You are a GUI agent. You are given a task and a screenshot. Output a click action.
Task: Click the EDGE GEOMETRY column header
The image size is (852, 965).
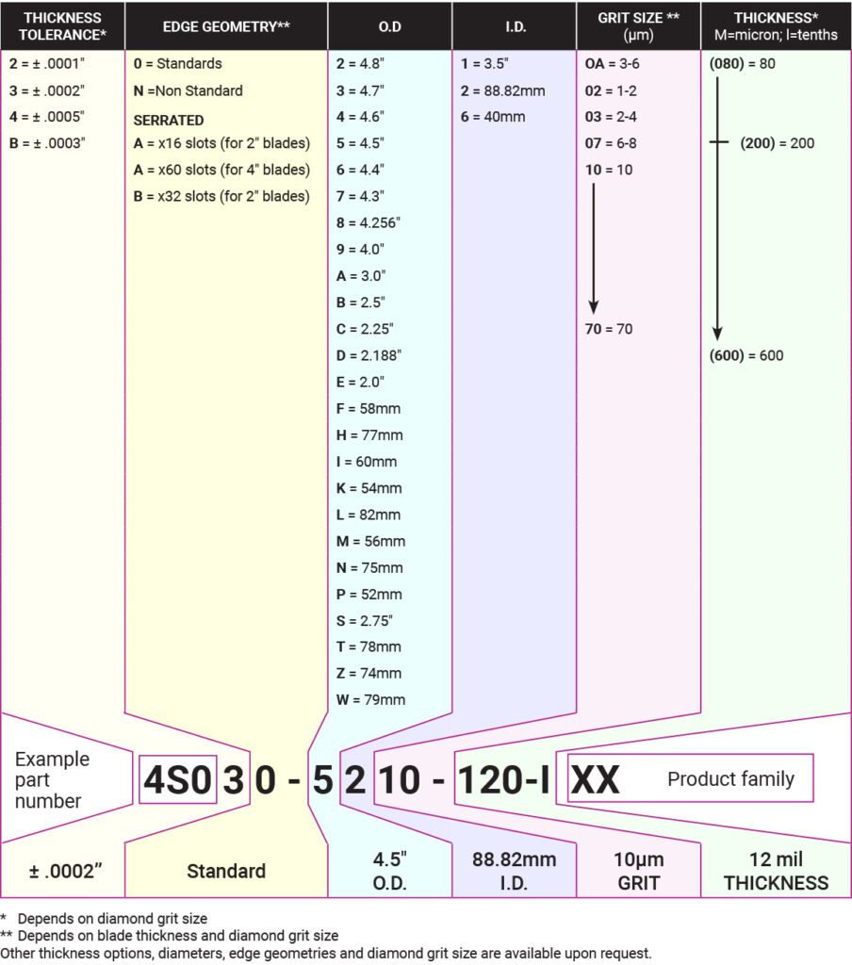tap(226, 26)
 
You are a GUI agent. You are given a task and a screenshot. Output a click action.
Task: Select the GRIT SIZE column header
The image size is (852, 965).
tap(638, 25)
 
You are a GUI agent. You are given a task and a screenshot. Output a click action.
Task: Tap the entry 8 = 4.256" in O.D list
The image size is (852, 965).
tap(369, 222)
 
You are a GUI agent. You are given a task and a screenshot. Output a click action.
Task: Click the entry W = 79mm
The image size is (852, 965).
tap(370, 700)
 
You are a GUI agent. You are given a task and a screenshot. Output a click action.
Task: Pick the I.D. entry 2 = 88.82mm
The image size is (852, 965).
tap(503, 91)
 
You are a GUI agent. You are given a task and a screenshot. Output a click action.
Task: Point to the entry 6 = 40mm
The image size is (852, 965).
tap(493, 117)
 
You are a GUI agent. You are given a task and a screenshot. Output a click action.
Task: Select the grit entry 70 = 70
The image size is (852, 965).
tap(609, 329)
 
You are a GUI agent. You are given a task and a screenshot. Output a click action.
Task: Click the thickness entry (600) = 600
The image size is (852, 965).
tap(746, 355)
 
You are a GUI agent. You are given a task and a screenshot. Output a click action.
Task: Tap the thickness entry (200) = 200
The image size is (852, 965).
tap(777, 143)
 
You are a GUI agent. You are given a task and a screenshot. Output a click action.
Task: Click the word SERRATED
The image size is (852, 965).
tap(169, 120)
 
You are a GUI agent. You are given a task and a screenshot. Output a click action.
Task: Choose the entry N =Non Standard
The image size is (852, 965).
tap(188, 91)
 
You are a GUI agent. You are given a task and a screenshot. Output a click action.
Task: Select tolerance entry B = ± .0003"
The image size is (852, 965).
tap(47, 143)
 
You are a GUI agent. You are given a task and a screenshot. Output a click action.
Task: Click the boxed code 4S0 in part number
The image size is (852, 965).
tap(178, 779)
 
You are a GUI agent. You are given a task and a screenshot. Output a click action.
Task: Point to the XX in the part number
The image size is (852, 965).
tap(595, 779)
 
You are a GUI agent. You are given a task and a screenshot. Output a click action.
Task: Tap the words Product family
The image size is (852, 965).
tap(730, 779)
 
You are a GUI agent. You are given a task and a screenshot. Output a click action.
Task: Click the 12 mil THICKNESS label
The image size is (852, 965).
tap(776, 871)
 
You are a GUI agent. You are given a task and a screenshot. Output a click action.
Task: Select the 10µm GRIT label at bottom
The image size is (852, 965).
tap(638, 871)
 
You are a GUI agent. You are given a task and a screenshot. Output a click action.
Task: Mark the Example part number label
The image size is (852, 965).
tap(53, 779)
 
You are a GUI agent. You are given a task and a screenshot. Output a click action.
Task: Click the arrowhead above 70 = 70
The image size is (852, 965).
tap(594, 307)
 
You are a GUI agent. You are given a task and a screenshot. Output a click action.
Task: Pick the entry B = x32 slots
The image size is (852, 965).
tap(221, 196)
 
